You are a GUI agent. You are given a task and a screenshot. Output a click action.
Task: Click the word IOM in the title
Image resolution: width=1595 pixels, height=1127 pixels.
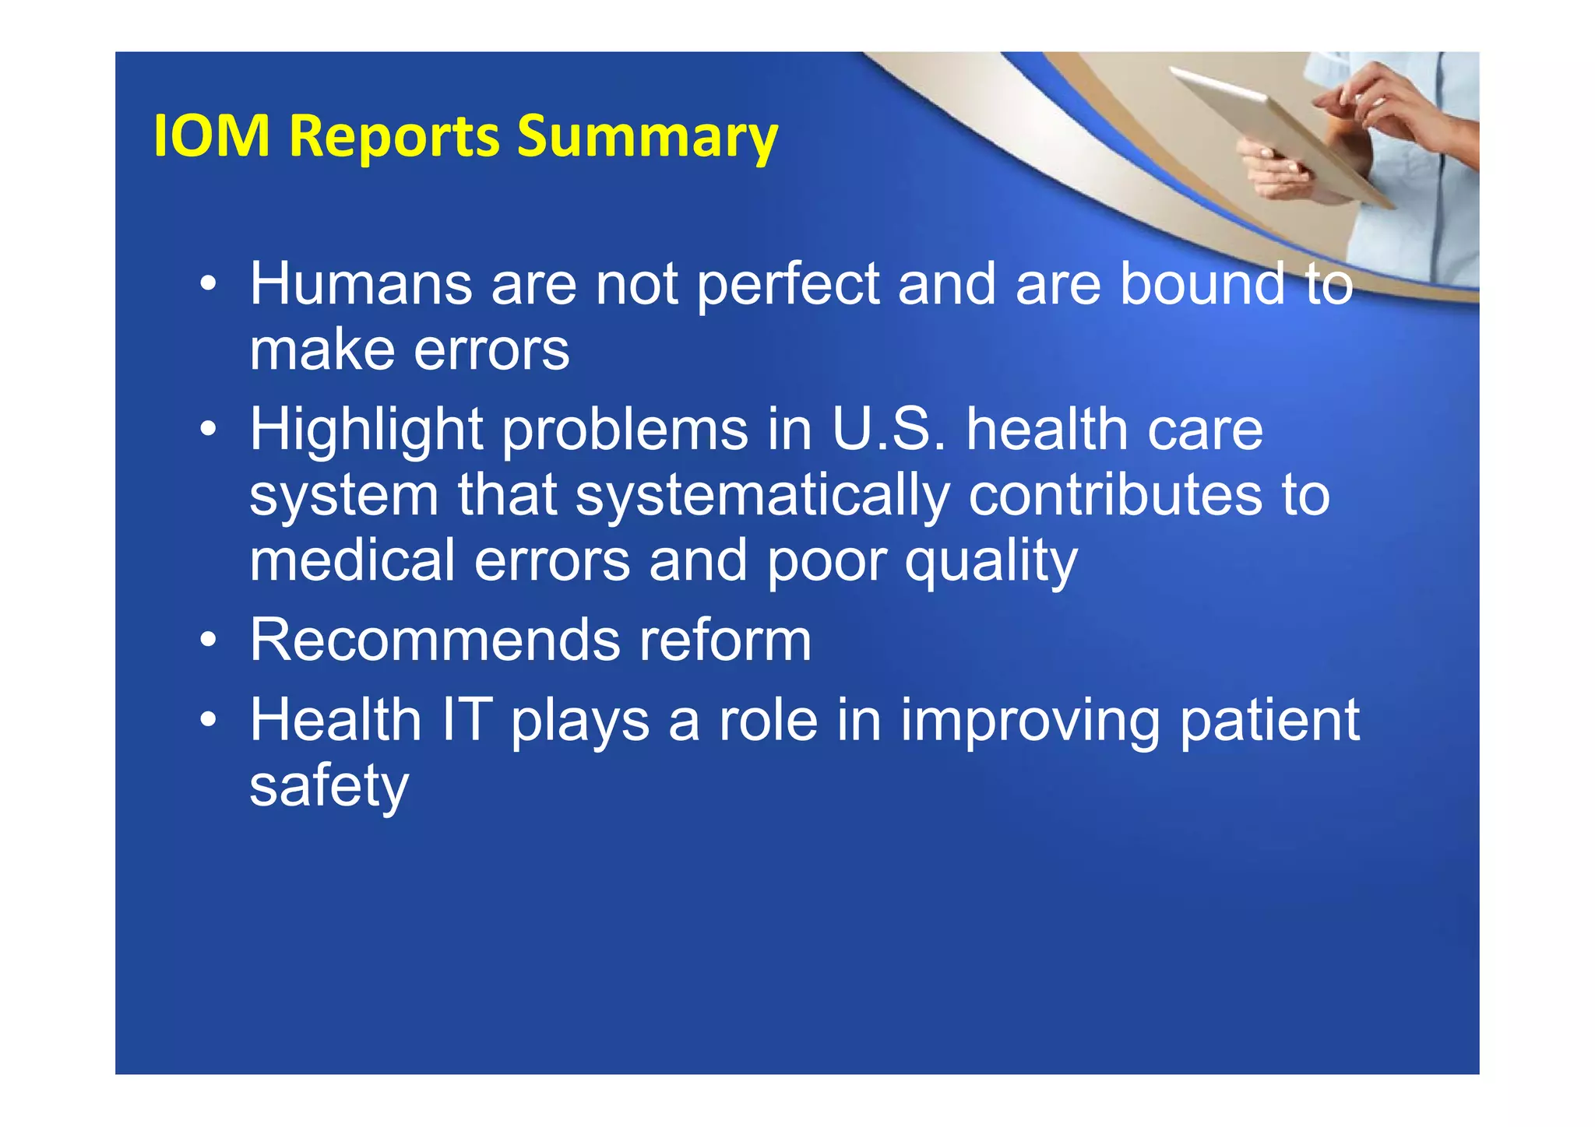point(211,136)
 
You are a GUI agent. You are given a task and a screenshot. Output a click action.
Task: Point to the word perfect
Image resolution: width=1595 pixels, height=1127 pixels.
point(787,286)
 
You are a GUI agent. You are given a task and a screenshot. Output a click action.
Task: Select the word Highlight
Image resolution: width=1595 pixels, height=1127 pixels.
point(367,430)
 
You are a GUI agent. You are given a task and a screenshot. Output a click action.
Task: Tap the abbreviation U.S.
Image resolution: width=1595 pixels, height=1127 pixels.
point(889,430)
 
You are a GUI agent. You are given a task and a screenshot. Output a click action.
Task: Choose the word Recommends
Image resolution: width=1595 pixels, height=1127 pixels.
point(435,641)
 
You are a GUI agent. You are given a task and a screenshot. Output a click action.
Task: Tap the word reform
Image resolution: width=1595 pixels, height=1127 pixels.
point(724,641)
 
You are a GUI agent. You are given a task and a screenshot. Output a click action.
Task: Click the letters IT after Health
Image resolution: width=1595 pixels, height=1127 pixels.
point(467,720)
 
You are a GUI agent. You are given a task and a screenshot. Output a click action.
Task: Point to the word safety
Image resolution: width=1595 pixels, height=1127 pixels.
point(329,787)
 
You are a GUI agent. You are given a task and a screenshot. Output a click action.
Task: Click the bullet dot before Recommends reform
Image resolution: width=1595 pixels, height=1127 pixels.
point(207,641)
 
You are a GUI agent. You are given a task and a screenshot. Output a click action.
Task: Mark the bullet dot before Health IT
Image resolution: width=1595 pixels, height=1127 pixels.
point(207,720)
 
